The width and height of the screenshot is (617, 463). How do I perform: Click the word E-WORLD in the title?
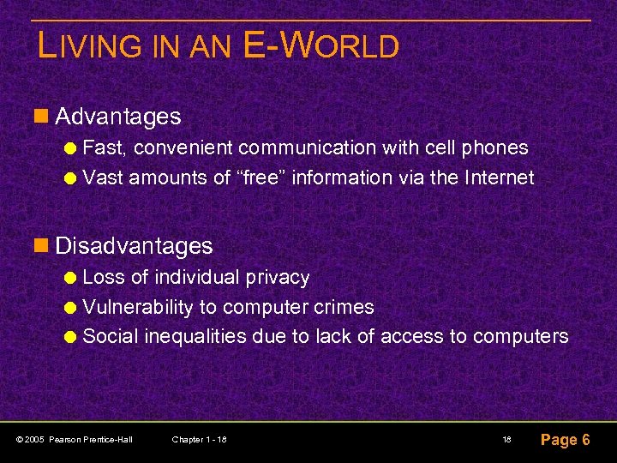coord(321,45)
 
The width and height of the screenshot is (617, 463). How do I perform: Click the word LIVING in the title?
coord(95,46)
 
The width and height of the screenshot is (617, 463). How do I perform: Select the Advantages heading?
coord(117,116)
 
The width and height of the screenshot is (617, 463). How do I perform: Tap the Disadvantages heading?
coord(134,246)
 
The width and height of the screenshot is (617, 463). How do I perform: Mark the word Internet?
coord(499,177)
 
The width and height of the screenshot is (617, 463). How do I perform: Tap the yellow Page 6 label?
coord(565,440)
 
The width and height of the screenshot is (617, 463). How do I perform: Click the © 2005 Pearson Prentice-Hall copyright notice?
coord(74,440)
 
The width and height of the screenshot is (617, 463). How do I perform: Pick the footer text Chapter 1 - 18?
coord(199,440)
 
